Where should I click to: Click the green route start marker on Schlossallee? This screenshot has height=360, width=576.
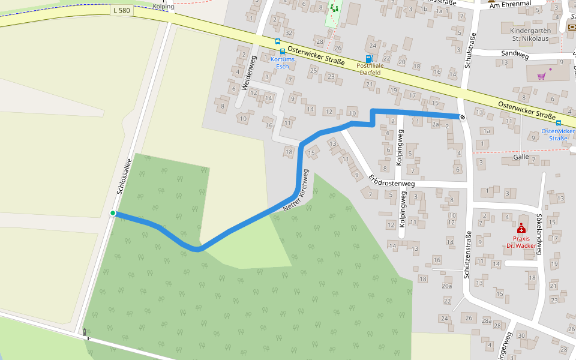click(113, 213)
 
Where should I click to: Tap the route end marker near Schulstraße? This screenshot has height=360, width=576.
click(463, 116)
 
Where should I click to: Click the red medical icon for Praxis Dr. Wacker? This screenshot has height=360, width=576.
click(521, 229)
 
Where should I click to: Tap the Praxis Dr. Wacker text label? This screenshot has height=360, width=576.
click(520, 242)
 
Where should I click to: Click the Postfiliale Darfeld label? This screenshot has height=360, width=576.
click(370, 69)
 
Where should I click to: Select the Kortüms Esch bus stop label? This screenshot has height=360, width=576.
click(283, 62)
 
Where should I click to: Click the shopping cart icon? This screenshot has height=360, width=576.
click(542, 76)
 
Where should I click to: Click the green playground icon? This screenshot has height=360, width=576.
click(334, 8)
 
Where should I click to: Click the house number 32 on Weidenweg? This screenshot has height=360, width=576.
click(289, 32)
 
